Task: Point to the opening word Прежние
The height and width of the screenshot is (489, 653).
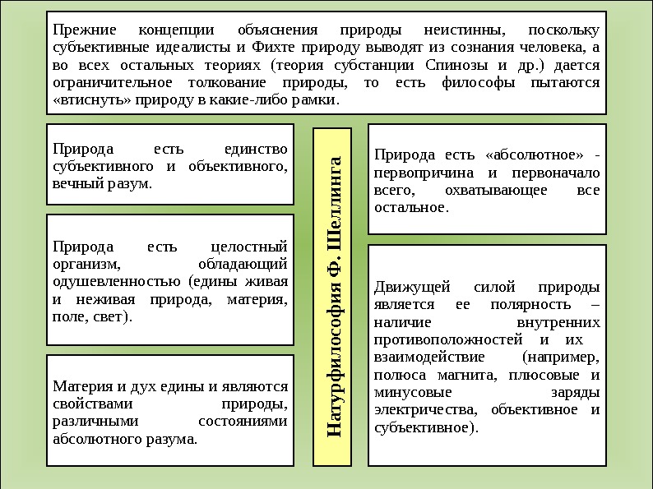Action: pyautogui.click(x=81, y=29)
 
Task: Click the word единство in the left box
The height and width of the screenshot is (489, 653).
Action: pyautogui.click(x=256, y=149)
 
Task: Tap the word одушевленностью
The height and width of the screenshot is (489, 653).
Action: pyautogui.click(x=111, y=282)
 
